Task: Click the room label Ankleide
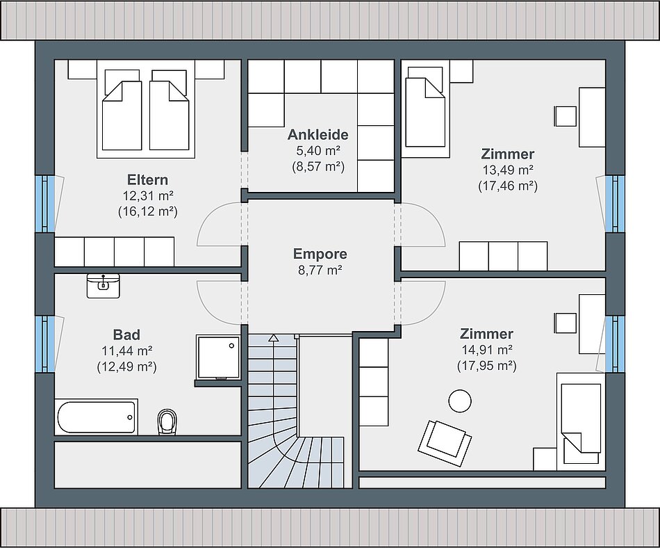coord(317,135)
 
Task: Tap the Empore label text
coord(320,254)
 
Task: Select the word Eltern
coord(148,180)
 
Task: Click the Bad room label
coord(126,335)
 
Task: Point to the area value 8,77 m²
coord(320,270)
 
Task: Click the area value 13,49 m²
coord(508,170)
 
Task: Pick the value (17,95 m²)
coord(487,366)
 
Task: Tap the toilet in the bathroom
coord(167,421)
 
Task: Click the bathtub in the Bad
coord(97,417)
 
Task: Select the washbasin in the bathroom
coord(103,286)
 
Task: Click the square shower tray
coord(218,357)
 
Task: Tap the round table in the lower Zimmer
coord(460,401)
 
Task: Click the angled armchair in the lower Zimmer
coord(445,443)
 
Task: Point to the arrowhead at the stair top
coord(274,337)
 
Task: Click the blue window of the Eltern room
coord(45,204)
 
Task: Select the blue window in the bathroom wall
coord(45,344)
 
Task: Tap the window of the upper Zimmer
coord(615,204)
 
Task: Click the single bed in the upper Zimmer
coord(424,108)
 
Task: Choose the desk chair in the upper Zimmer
coord(566,116)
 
